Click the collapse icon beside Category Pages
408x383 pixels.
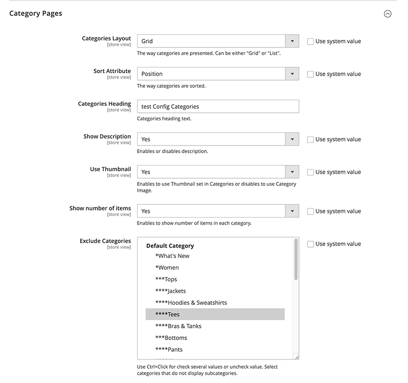pyautogui.click(x=388, y=14)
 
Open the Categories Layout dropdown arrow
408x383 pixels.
pyautogui.click(x=292, y=41)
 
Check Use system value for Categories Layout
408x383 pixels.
pyautogui.click(x=311, y=41)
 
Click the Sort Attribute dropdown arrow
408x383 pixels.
pyautogui.click(x=292, y=74)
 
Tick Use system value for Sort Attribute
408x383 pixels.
pyautogui.click(x=311, y=74)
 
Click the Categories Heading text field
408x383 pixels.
pyautogui.click(x=218, y=106)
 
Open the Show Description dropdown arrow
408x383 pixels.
pyautogui.click(x=292, y=139)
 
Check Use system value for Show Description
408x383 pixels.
pyautogui.click(x=311, y=139)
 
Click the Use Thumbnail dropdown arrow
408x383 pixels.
pyautogui.click(x=292, y=172)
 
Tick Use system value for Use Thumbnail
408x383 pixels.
pyautogui.click(x=311, y=172)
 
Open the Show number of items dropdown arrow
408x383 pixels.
pyautogui.click(x=292, y=211)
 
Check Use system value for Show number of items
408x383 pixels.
pyautogui.click(x=311, y=211)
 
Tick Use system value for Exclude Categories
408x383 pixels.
pyautogui.click(x=311, y=244)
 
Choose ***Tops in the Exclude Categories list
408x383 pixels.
pyautogui.click(x=166, y=279)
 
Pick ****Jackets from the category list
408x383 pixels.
pyautogui.click(x=170, y=291)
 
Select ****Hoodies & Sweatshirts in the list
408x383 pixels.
pyautogui.click(x=191, y=303)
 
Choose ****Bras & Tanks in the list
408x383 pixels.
pyautogui.click(x=178, y=326)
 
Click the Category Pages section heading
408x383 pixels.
pyautogui.click(x=36, y=13)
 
